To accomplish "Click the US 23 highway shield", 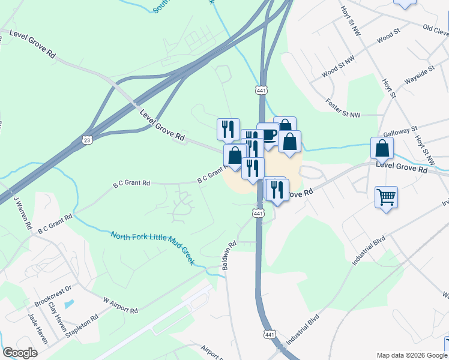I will (88, 140).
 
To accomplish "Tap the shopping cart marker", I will (386, 196).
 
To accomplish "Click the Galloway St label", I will (400, 131).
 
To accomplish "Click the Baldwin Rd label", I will (229, 256).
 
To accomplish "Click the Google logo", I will (20, 353).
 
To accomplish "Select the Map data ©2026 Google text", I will (411, 355).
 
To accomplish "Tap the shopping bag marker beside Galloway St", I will (382, 148).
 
